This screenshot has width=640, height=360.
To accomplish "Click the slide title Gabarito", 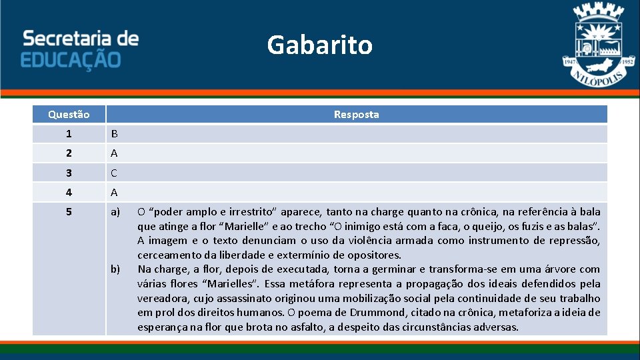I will point(319,45).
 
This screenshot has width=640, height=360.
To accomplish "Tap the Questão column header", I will point(69,115).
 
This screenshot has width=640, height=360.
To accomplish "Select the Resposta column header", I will point(356,115).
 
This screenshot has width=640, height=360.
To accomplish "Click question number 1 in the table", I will point(69,134).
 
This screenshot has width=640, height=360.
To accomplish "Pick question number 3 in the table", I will point(69,173).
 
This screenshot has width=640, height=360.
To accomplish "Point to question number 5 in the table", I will point(69,212).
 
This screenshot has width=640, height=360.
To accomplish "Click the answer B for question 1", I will point(114,134).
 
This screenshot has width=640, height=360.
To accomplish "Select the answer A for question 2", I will point(114,153).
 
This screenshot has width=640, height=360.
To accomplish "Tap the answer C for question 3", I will point(114,173).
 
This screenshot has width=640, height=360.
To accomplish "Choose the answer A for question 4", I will point(114,192).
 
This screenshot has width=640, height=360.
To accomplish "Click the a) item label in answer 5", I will point(115,212).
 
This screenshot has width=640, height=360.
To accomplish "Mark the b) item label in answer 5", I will point(115,269).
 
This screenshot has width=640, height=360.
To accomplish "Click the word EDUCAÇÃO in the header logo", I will point(71,61).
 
